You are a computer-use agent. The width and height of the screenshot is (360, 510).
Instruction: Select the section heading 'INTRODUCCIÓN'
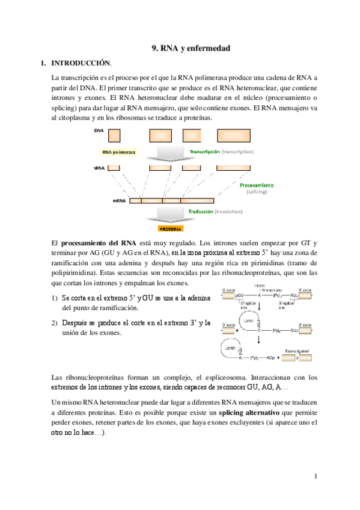pyautogui.click(x=81, y=63)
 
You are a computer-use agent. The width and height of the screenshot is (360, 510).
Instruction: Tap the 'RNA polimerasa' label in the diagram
pyautogui.click(x=118, y=152)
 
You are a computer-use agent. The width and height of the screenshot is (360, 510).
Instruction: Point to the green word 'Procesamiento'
pyautogui.click(x=257, y=185)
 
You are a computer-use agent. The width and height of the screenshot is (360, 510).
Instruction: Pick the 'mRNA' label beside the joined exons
pyautogui.click(x=118, y=201)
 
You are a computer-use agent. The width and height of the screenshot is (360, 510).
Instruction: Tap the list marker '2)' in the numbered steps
pyautogui.click(x=55, y=323)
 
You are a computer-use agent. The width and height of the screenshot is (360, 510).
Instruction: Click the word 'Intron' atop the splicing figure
pyautogui.click(x=260, y=284)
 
